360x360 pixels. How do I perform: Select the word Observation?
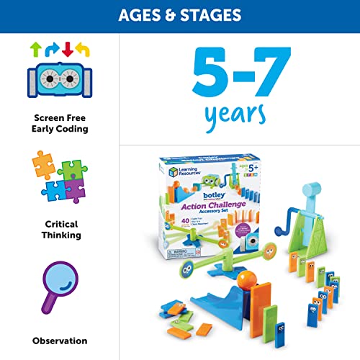tap(60, 341)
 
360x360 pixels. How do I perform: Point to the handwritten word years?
tap(238, 114)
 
